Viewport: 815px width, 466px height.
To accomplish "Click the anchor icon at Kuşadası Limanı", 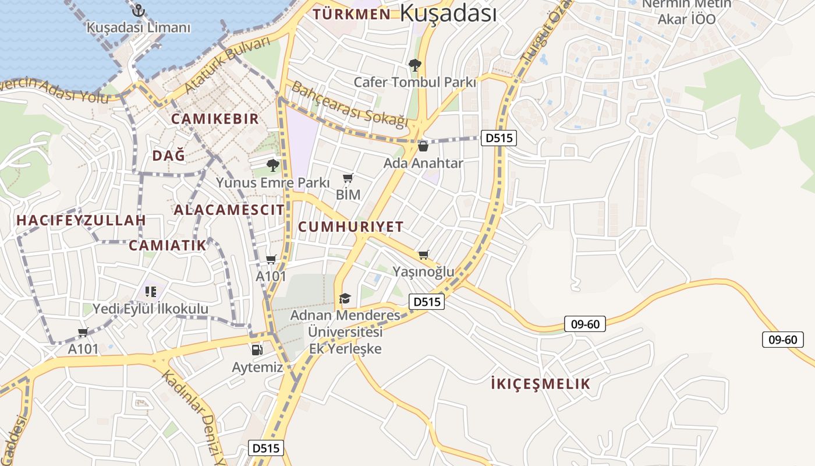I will [138, 10].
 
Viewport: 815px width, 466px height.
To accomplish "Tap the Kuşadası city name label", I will [448, 13].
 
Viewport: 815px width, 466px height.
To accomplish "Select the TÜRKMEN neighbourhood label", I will [352, 15].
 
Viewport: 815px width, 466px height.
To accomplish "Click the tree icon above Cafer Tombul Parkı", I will [414, 65].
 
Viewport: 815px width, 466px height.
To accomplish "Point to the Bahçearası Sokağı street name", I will [348, 104].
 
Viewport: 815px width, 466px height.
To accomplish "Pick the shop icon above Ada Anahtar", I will [423, 146].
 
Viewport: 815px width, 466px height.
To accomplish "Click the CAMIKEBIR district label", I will [214, 119].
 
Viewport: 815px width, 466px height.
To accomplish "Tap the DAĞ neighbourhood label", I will [168, 156].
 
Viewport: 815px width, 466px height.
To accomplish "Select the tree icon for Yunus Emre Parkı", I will [272, 165].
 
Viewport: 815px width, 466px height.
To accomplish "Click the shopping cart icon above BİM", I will [348, 178].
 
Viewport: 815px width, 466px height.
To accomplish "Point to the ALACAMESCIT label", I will [229, 210].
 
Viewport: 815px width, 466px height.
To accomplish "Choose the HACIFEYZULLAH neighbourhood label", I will [81, 221].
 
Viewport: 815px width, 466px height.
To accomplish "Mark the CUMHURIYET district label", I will [350, 227].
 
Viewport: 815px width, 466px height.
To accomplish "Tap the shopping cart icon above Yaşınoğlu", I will [424, 255].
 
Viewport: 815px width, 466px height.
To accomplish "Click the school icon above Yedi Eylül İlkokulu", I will [150, 291].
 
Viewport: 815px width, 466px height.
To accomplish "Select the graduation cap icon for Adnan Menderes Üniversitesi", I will [345, 299].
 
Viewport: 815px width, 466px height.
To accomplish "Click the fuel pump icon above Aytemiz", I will [257, 349].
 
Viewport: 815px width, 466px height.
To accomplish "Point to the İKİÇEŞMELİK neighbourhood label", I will [540, 384].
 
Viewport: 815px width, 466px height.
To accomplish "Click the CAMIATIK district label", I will [168, 245].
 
